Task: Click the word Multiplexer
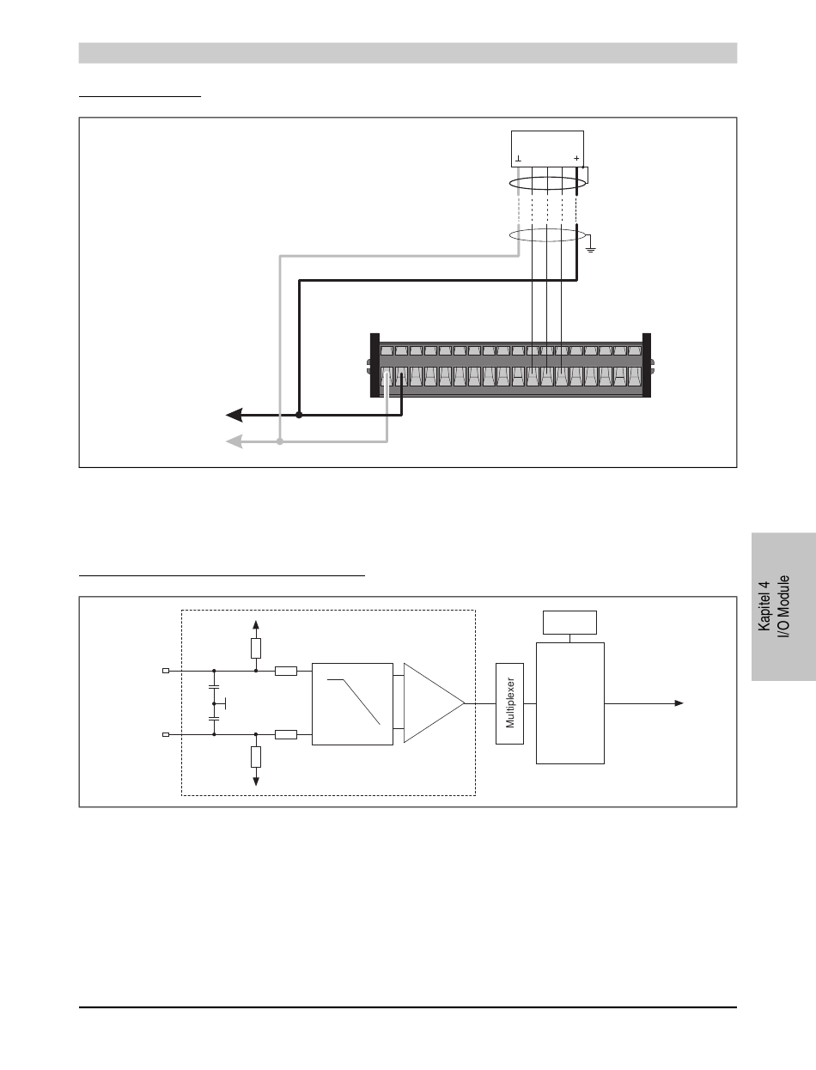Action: click(x=509, y=703)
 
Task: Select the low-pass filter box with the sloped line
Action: click(x=353, y=702)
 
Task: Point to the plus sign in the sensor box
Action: click(x=576, y=160)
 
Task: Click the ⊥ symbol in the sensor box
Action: click(x=518, y=160)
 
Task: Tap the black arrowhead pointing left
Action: click(x=233, y=415)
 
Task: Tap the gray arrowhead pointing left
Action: click(x=233, y=441)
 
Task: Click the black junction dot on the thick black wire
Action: click(x=299, y=415)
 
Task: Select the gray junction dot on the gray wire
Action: click(x=279, y=441)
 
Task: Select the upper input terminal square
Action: click(x=167, y=671)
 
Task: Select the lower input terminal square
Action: click(x=167, y=734)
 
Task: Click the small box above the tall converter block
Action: click(x=570, y=620)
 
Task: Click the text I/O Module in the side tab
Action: click(x=784, y=606)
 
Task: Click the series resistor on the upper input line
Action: click(x=286, y=671)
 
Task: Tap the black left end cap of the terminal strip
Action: click(x=375, y=365)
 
